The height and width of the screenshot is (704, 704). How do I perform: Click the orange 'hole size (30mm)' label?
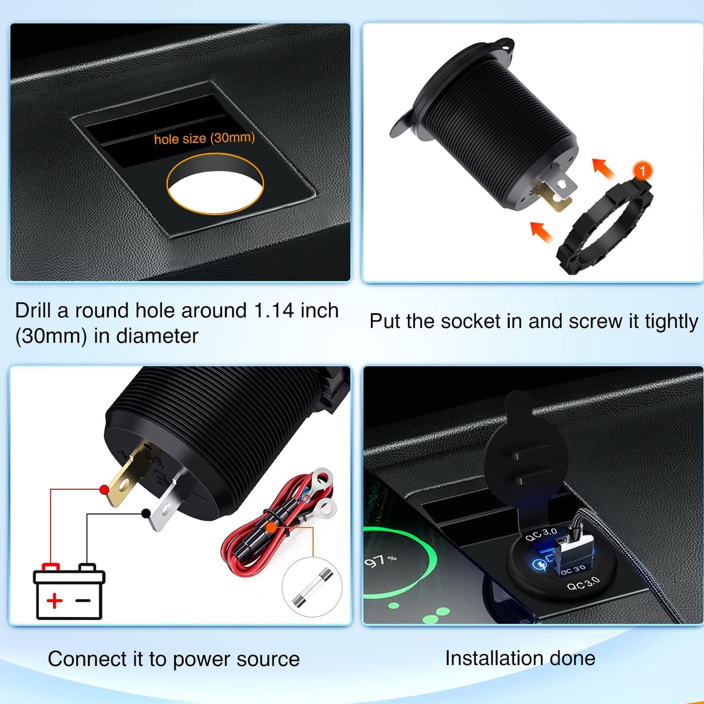pyautogui.click(x=204, y=139)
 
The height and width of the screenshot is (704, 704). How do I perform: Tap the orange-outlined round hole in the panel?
pyautogui.click(x=215, y=184)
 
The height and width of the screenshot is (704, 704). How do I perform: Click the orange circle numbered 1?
pyautogui.click(x=642, y=171)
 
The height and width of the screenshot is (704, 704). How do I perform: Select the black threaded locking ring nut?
pyautogui.click(x=605, y=224)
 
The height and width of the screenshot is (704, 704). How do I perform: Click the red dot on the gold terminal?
pyautogui.click(x=104, y=489)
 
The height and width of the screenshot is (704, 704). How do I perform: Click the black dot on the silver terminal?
pyautogui.click(x=146, y=513)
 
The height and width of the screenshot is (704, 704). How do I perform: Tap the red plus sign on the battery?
pyautogui.click(x=55, y=600)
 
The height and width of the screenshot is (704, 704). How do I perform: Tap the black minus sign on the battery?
pyautogui.click(x=83, y=600)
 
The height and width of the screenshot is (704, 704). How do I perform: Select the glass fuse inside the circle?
pyautogui.click(x=312, y=587)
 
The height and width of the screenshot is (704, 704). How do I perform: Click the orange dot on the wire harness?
pyautogui.click(x=272, y=527)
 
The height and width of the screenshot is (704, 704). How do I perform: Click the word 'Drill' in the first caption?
pyautogui.click(x=33, y=310)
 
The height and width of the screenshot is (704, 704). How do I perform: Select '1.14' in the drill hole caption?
pyautogui.click(x=274, y=310)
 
